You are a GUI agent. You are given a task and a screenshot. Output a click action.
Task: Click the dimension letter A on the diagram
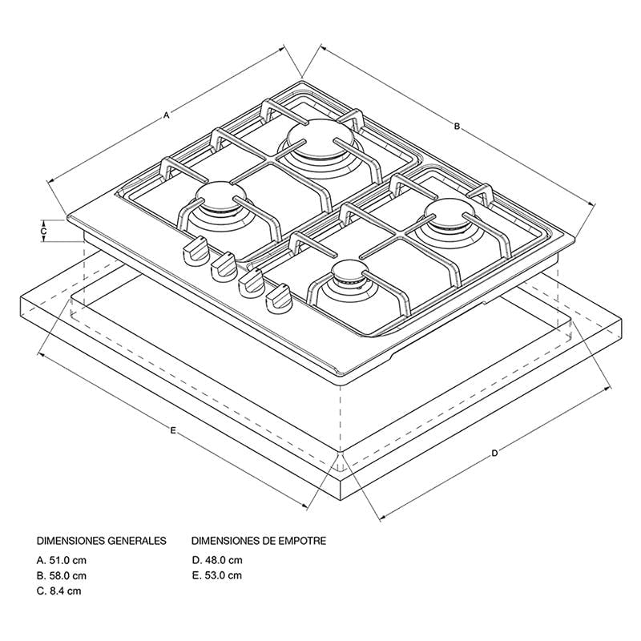166,115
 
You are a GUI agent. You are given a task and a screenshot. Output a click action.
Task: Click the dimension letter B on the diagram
457,127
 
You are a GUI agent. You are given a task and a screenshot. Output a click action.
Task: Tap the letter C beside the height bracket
44,231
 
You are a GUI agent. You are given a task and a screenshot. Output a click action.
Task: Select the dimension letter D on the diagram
494,453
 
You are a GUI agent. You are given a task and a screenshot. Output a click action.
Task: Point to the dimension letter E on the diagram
173,430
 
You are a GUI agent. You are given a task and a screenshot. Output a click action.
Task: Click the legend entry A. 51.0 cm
62,560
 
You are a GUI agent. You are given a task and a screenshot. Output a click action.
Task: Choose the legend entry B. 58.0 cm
62,575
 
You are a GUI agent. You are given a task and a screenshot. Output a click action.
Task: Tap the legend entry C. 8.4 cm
58,591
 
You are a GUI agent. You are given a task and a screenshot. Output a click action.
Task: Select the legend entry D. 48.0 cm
217,560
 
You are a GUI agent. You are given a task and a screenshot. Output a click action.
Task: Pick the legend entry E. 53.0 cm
216,575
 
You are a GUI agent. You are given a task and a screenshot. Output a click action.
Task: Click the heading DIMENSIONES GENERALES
102,541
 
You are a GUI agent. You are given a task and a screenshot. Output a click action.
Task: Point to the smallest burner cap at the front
348,272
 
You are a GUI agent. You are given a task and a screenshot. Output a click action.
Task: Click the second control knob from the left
224,267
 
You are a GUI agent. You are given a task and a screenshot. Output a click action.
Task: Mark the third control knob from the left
251,284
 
